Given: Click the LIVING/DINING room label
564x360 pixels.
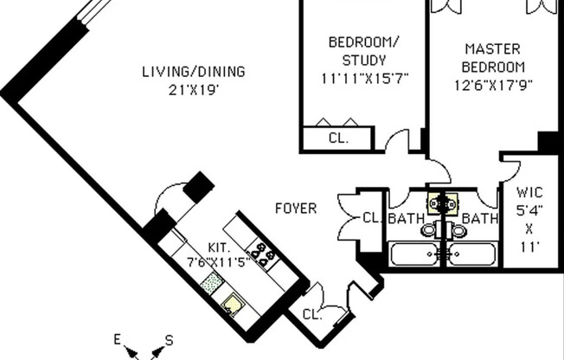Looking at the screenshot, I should pos(194,72).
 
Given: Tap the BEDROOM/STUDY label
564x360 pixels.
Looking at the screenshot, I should pos(363,51).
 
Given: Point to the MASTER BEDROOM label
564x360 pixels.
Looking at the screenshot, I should pos(493,58).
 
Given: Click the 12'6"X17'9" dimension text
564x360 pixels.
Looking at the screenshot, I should pos(493,84).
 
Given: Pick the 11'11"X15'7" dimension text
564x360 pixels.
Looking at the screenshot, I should pos(363,78).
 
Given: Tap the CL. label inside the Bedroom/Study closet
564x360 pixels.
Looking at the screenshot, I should pos(338,138).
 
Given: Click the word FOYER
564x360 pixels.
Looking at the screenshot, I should pos(296,209).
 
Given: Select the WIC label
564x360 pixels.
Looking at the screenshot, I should pos(529,192).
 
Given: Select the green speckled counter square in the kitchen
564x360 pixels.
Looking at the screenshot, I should pos(211,281).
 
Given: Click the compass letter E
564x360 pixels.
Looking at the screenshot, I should pos(117,339).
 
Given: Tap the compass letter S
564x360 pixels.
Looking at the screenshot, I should pos(169,340).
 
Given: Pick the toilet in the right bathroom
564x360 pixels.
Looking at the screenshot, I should pos(459,231).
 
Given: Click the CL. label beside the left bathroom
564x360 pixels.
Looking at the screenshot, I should pos(372,218).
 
